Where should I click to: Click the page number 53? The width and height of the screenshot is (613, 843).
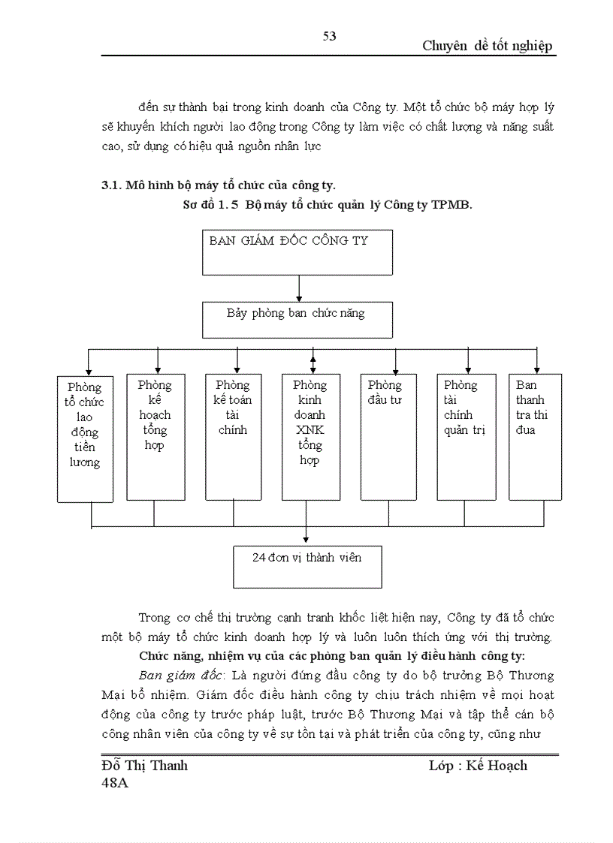pos(329,37)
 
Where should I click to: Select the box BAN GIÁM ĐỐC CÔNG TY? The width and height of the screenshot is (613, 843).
pos(297,253)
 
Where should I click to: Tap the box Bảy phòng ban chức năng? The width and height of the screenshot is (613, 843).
pos(297,319)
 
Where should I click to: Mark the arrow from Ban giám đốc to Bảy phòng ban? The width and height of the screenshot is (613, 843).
pos(300,288)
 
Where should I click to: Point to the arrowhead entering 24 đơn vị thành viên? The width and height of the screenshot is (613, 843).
pos(306,539)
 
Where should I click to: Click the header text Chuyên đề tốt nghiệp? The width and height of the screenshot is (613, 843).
pos(487,46)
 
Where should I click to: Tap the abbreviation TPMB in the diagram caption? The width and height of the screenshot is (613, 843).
pos(454,205)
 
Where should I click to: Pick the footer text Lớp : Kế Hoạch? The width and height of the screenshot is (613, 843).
pos(478,765)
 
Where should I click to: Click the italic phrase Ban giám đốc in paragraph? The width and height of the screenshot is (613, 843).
pos(174,675)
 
